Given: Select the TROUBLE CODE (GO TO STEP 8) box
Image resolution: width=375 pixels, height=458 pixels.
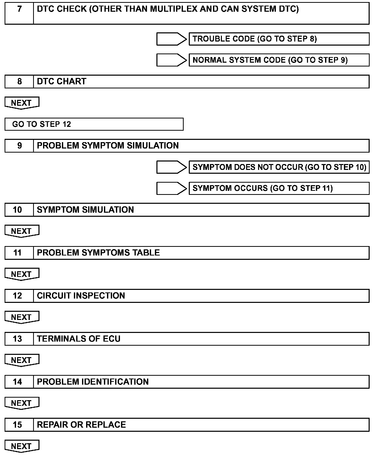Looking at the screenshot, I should click(x=279, y=39).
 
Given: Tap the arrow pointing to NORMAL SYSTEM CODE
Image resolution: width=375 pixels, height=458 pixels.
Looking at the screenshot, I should click(x=171, y=60).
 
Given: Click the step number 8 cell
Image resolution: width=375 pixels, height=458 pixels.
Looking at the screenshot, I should click(x=19, y=82).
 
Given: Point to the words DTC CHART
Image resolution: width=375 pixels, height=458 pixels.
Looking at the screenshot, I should click(x=62, y=82).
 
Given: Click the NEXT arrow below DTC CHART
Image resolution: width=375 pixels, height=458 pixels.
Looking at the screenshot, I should click(x=22, y=103).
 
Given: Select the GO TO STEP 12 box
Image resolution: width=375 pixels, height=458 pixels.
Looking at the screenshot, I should click(x=94, y=124).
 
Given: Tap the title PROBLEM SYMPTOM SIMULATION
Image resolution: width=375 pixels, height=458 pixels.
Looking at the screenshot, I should click(x=108, y=146).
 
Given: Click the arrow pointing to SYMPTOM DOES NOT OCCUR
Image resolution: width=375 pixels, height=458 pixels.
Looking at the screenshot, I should click(x=171, y=167).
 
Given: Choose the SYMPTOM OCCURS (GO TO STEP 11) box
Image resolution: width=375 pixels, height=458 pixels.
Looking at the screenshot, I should click(x=279, y=188).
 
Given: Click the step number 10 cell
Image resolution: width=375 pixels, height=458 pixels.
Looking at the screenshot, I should click(x=18, y=210).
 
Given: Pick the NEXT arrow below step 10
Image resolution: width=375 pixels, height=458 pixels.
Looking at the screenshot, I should click(x=22, y=231).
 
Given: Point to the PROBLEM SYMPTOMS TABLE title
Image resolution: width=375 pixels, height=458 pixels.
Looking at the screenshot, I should click(x=98, y=253).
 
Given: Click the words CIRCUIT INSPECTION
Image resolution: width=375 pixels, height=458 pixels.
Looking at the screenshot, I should click(x=81, y=296).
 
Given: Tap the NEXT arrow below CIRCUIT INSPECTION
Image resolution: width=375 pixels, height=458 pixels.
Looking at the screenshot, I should click(x=22, y=317).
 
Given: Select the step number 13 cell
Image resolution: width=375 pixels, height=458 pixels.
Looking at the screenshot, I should click(x=18, y=339).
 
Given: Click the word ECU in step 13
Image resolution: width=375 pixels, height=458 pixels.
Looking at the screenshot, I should click(x=112, y=339).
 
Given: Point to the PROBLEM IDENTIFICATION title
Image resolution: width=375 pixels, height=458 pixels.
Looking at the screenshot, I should click(x=93, y=382).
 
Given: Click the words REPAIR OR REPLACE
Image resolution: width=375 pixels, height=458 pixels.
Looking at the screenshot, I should click(x=81, y=425).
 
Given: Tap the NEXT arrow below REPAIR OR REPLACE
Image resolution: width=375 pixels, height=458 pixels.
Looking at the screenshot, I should click(x=22, y=446).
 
